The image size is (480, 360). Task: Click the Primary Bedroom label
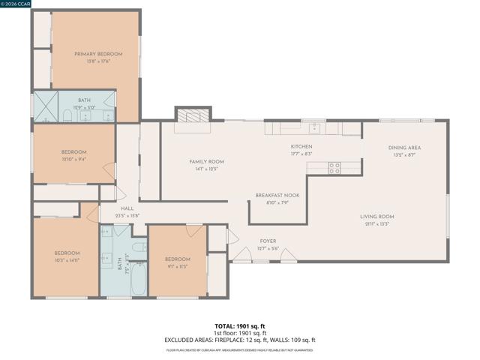[97, 54]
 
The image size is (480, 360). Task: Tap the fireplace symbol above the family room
[193, 115]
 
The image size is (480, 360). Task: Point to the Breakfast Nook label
[277, 195]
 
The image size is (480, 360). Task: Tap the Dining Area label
[404, 148]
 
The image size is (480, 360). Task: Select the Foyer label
[268, 241]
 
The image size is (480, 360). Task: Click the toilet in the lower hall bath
[139, 247]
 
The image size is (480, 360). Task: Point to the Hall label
[127, 208]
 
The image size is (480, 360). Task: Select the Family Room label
[205, 161]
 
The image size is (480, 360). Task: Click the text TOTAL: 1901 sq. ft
[240, 325]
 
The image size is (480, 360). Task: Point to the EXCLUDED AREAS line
[240, 340]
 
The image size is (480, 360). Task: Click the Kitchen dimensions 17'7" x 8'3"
[301, 153]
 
